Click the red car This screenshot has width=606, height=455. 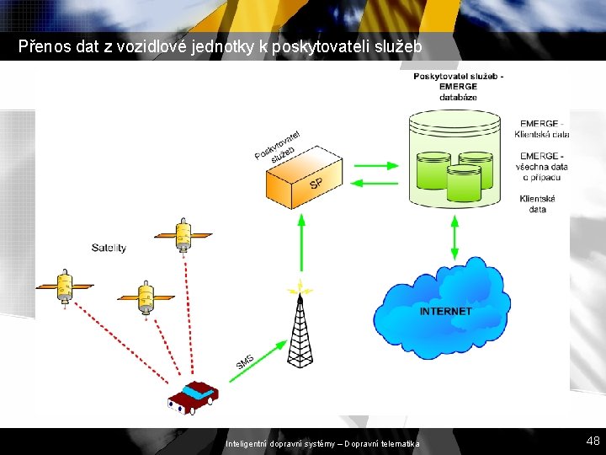[193, 396]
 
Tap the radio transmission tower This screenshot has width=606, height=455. [300, 329]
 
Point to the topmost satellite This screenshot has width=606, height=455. [183, 233]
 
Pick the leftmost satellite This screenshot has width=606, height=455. [64, 286]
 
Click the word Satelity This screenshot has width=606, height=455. [109, 248]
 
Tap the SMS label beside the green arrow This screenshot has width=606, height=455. [245, 362]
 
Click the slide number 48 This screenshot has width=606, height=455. [593, 441]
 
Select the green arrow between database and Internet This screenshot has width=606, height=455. [454, 237]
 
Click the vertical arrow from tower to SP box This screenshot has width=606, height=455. [300, 244]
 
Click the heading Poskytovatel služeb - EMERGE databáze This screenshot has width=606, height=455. [458, 86]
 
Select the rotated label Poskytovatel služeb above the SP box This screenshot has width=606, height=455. [279, 145]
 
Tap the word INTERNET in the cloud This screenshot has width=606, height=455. [446, 312]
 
